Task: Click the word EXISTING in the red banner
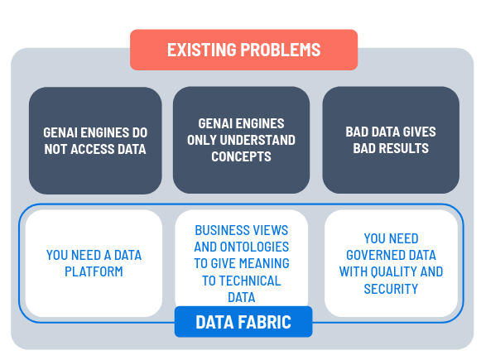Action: click(x=202, y=50)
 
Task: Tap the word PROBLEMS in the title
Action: click(x=281, y=50)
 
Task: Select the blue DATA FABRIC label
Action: click(x=243, y=322)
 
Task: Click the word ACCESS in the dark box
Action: click(x=92, y=149)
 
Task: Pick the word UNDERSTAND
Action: click(x=257, y=140)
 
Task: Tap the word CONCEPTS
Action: click(x=241, y=156)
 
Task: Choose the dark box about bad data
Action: click(x=391, y=140)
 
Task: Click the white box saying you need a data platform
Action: click(x=94, y=263)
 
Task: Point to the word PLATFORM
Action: click(x=94, y=271)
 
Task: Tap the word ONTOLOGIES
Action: click(x=258, y=247)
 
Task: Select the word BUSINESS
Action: click(x=218, y=230)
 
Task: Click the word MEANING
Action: click(x=264, y=263)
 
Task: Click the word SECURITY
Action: click(x=391, y=289)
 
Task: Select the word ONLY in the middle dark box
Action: click(x=202, y=140)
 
